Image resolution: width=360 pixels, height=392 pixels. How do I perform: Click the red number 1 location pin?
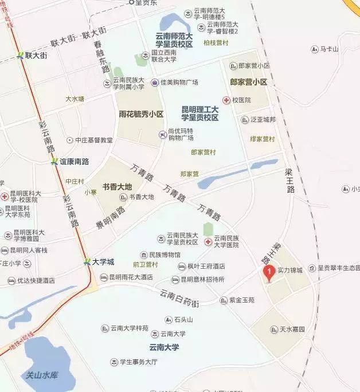[267, 272]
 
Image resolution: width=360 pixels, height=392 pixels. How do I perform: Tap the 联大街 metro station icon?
[20, 56]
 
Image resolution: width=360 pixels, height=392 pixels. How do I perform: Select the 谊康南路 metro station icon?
[54, 162]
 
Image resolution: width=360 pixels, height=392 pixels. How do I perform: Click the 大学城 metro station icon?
[87, 262]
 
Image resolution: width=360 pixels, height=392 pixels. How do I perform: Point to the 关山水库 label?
[42, 375]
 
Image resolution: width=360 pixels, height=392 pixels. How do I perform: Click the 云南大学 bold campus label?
[165, 347]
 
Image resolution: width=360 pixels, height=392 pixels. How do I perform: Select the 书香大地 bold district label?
[118, 187]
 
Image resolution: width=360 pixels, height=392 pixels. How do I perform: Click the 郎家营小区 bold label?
[249, 82]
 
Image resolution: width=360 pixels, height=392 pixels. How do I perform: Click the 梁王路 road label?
[290, 181]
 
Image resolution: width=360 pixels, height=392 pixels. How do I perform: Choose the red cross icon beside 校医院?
[227, 100]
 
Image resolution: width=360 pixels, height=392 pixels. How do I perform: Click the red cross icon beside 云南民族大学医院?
[208, 242]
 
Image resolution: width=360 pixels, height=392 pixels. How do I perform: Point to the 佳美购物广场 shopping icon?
[155, 83]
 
